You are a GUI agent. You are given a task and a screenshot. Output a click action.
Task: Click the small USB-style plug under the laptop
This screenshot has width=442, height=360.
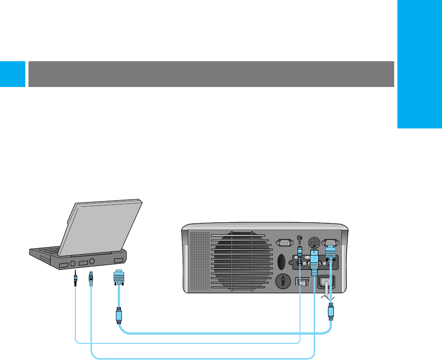(x=91, y=279)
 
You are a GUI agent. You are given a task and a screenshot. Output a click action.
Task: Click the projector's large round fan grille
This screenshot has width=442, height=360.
(x=241, y=263)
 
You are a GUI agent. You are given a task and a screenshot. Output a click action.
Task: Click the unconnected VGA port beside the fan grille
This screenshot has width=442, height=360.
(x=283, y=243)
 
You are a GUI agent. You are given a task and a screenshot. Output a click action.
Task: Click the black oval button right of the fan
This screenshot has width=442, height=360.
(x=282, y=261)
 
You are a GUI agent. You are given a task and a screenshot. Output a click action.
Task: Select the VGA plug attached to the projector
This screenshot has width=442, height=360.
(x=330, y=253)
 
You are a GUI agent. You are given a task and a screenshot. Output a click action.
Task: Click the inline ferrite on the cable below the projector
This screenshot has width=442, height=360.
(x=330, y=312)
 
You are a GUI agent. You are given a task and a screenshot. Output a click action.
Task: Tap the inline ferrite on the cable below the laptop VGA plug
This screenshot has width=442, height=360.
(x=119, y=315)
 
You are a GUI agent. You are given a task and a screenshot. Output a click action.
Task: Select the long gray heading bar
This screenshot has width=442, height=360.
(x=211, y=74)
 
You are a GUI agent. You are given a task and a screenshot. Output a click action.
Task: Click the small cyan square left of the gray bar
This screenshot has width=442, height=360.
(x=12, y=74)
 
